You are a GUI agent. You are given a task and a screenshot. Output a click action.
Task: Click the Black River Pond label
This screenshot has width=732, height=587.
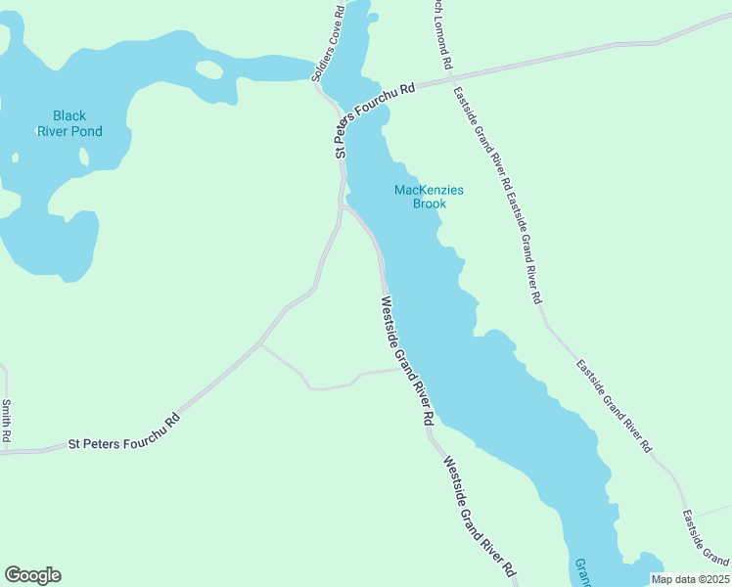(x=69, y=123)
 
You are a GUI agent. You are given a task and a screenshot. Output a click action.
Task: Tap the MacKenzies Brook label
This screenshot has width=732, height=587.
(x=429, y=197)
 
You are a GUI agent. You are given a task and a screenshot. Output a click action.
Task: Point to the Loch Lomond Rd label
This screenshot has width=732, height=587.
(x=442, y=35)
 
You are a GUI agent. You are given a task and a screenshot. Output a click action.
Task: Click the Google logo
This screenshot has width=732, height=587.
(x=32, y=575)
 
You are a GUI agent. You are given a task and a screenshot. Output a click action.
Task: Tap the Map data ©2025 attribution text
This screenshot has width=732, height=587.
(x=690, y=579)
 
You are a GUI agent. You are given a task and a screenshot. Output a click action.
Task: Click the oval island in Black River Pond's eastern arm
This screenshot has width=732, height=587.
(x=208, y=70)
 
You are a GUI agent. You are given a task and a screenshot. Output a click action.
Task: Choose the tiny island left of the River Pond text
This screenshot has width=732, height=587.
(x=15, y=157)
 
